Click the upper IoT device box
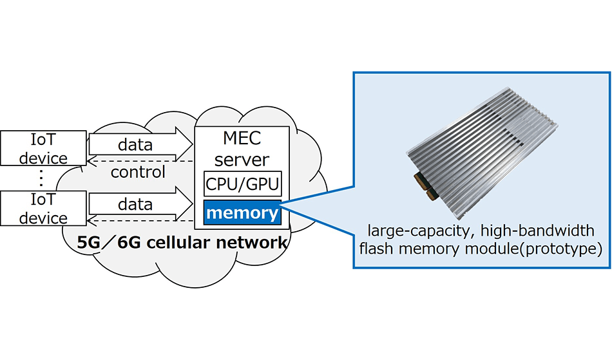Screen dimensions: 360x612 [x=43, y=147]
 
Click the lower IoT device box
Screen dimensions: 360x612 [x=43, y=209]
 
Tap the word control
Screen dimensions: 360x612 [x=138, y=173]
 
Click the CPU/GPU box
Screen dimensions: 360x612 [x=242, y=185]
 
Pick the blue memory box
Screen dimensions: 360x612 [x=242, y=213]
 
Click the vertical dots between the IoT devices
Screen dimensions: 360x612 [x=43, y=178]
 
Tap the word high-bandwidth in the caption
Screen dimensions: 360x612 [x=544, y=231]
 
